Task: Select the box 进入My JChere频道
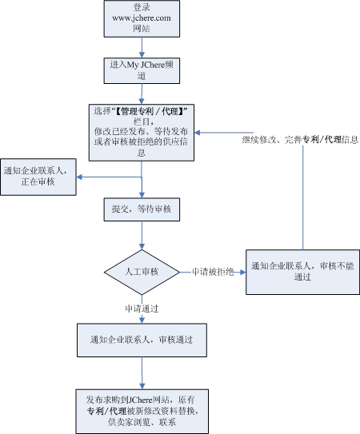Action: [x=142, y=70]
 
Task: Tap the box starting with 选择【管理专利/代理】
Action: [x=142, y=130]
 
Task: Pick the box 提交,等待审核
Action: [x=142, y=209]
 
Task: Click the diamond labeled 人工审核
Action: [x=142, y=273]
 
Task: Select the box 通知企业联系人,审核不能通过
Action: [x=302, y=272]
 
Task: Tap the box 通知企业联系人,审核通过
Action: [x=142, y=339]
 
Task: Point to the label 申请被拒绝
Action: [x=212, y=273]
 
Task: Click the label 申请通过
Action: [x=143, y=308]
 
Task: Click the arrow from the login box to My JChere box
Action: [x=142, y=47]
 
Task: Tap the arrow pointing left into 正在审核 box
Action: [x=109, y=177]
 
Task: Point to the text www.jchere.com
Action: [x=142, y=18]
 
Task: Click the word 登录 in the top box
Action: [x=142, y=6]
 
